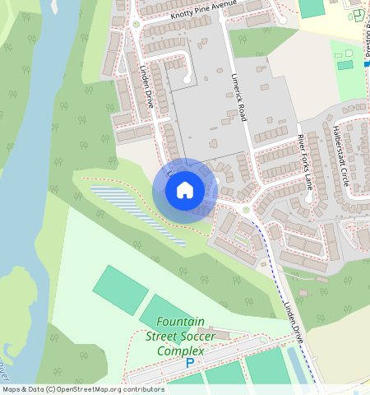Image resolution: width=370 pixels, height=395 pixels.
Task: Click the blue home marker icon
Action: click(x=185, y=190)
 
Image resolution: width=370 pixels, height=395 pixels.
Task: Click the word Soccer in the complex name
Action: click(x=202, y=336)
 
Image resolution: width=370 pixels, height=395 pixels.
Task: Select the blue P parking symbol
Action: click(x=191, y=363)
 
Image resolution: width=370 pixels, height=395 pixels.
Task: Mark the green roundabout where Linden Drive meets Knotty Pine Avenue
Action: click(x=136, y=25)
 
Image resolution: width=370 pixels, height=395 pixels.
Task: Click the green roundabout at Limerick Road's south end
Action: click(x=245, y=211)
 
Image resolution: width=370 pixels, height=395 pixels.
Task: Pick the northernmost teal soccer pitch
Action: click(x=120, y=289)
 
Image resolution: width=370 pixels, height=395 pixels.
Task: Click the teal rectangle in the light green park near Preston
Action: click(x=345, y=64)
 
